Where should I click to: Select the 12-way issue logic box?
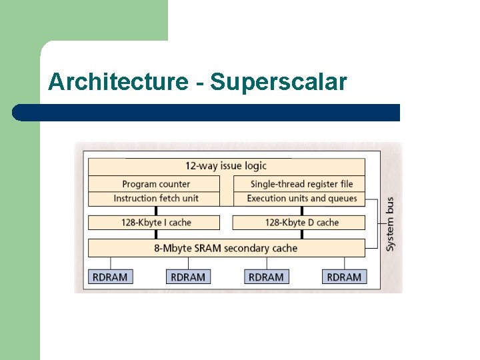[226, 166]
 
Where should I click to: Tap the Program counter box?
[155, 184]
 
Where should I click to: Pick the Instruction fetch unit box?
[155, 198]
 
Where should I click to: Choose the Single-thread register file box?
[301, 184]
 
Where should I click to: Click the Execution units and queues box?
[301, 198]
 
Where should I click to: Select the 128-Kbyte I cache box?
[155, 223]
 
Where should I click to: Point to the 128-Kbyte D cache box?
[301, 223]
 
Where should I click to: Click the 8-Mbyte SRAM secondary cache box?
[226, 248]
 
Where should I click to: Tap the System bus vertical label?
[390, 224]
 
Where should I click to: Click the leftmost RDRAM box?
[110, 277]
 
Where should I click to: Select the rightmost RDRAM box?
[344, 277]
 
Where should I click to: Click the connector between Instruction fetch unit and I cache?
[156, 210]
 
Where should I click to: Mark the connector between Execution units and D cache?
[302, 210]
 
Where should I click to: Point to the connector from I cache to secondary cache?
[156, 235]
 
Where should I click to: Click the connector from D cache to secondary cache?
[302, 235]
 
